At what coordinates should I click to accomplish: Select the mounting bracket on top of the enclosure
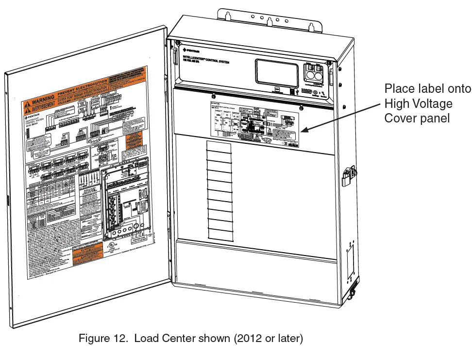(271, 19)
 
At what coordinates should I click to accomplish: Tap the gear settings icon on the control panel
(315, 92)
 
